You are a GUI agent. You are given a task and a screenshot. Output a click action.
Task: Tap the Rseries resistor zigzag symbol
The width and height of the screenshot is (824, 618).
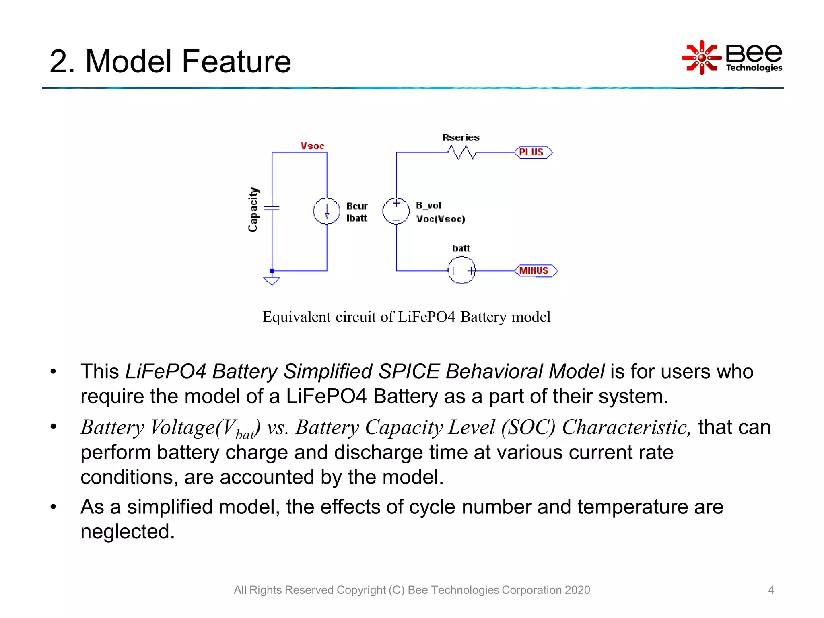coord(462,152)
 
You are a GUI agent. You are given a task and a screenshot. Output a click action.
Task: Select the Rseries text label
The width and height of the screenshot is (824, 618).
coord(461,137)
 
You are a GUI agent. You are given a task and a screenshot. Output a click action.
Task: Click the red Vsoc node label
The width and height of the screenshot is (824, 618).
coord(312,146)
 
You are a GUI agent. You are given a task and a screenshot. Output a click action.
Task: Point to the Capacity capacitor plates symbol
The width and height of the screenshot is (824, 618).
coord(272,208)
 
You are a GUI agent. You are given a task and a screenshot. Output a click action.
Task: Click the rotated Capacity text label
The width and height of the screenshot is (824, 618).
coord(253,209)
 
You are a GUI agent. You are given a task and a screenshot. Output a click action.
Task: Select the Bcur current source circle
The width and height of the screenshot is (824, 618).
coord(327,211)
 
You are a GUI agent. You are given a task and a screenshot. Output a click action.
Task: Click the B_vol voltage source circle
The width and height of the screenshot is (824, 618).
coord(396,211)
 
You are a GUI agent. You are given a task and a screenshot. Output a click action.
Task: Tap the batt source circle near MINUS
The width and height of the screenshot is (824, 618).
coord(461,271)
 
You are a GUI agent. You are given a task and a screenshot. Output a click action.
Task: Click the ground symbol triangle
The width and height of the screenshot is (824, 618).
coord(272,281)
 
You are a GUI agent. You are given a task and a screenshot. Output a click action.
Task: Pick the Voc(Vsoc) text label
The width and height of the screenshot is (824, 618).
coord(441,219)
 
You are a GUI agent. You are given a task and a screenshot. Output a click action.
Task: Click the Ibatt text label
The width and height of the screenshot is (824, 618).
coord(356,218)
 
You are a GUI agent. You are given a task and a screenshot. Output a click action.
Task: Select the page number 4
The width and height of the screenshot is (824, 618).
coord(771,590)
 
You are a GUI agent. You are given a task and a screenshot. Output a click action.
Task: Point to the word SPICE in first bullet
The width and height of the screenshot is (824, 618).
coord(409,371)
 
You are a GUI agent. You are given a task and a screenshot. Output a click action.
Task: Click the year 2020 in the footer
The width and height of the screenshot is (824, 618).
coord(577,590)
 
